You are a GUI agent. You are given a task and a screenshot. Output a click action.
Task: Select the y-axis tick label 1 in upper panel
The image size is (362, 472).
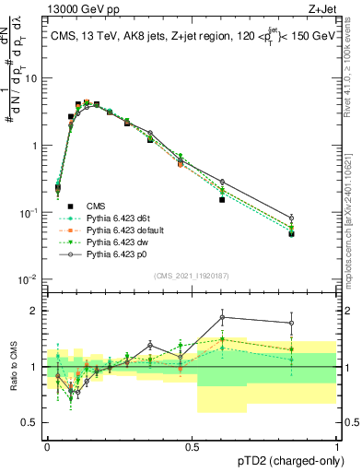coord(38,146)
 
